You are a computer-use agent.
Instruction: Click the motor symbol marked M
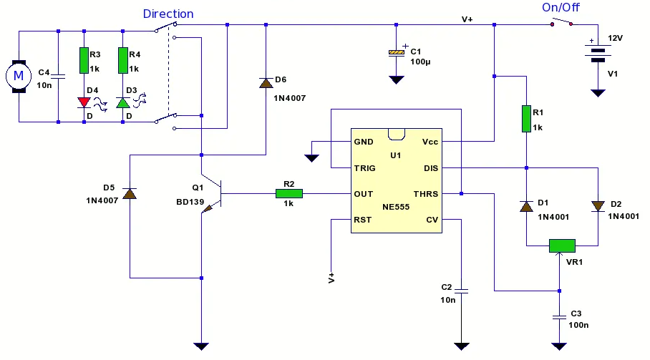point(19,77)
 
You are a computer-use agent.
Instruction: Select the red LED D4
point(84,102)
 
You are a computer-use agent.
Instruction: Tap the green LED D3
point(122,102)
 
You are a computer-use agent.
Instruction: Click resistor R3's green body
point(84,61)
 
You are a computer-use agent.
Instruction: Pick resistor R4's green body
point(122,61)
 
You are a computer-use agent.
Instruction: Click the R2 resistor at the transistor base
point(289,193)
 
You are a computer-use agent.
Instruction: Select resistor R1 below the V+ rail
point(526,119)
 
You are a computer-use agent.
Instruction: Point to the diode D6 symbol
point(266,83)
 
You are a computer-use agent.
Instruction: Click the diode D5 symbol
point(130,193)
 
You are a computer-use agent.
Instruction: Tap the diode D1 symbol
point(526,206)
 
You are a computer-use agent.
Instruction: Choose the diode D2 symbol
point(598,206)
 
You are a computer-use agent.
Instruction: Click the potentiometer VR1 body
point(562,245)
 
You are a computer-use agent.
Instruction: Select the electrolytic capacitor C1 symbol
point(397,52)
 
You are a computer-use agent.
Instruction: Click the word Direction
point(168,14)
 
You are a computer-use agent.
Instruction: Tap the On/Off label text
point(561,7)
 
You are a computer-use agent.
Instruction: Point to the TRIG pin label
point(365,168)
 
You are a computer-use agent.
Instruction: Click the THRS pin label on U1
point(426,194)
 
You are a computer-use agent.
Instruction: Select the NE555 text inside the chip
point(396,207)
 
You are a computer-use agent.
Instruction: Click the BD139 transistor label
point(190,202)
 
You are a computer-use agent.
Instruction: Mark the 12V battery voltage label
point(615,38)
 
